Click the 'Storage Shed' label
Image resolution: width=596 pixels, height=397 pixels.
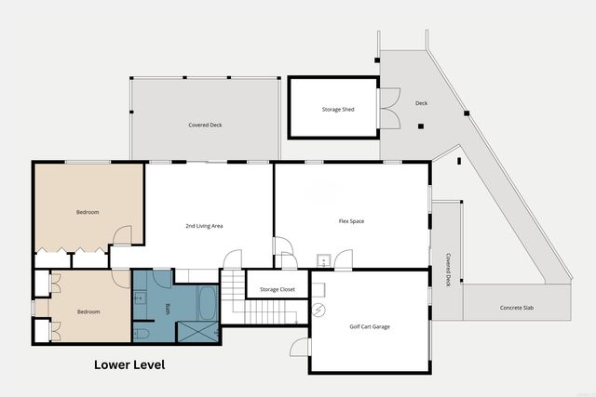tap(338, 110)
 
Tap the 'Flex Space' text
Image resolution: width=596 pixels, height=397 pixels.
tap(351, 221)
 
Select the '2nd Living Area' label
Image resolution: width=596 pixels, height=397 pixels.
tap(204, 226)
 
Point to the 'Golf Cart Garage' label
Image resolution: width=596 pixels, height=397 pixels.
tap(369, 327)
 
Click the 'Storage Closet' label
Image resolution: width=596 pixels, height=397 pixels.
tap(278, 289)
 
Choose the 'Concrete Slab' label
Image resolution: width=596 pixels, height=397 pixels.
tap(517, 308)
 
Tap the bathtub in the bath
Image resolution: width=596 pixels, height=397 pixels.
tap(207, 303)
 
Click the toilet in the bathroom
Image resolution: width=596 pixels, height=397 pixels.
tap(141, 332)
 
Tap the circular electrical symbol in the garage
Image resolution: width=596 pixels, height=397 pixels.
tap(319, 309)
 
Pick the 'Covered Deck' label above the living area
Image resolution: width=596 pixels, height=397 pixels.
tap(205, 124)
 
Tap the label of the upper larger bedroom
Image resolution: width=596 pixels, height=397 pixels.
tap(87, 212)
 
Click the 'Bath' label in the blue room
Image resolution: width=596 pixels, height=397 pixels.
tap(168, 310)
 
